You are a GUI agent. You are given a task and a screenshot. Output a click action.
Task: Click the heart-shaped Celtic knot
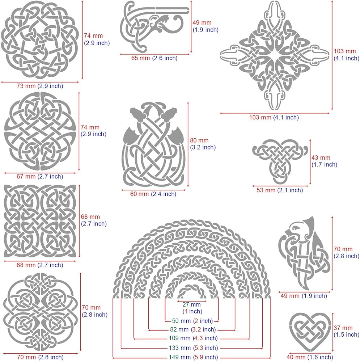tap(309, 329)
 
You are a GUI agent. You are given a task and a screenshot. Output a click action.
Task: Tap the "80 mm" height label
tap(199, 140)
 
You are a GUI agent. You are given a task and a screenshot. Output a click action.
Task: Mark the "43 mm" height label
tap(321, 158)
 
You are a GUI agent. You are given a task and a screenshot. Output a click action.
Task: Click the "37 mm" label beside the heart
tap(343, 328)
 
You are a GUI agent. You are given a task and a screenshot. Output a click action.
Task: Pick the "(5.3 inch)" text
tap(205, 348)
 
